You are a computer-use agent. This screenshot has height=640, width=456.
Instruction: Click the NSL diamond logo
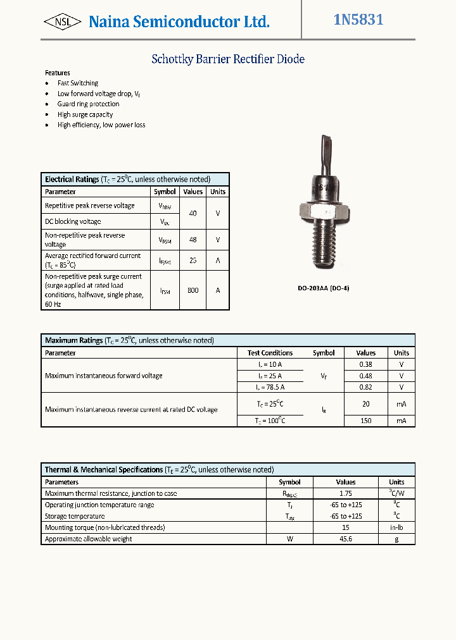click(62, 22)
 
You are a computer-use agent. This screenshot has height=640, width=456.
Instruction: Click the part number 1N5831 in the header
click(358, 20)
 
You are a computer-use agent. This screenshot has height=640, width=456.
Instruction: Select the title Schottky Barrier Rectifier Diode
click(228, 59)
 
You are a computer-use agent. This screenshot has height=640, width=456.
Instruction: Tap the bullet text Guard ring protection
click(88, 104)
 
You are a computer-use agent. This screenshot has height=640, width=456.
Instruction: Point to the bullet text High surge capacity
click(85, 114)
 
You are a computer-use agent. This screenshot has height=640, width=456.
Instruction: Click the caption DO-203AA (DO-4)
click(324, 288)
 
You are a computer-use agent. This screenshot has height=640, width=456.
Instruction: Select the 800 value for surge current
click(193, 291)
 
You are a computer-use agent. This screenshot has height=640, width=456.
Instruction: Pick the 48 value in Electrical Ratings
click(193, 240)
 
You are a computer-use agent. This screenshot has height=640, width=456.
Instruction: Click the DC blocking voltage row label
click(73, 222)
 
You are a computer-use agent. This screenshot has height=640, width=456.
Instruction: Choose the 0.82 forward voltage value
click(365, 387)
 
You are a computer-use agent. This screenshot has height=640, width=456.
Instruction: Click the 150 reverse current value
click(365, 421)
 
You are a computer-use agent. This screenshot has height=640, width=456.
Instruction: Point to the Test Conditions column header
click(270, 353)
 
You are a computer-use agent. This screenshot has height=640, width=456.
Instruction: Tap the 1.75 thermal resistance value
click(345, 493)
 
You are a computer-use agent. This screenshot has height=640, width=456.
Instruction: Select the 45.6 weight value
click(345, 539)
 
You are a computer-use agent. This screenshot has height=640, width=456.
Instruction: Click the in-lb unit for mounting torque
click(396, 527)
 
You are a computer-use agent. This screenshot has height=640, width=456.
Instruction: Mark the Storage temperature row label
click(75, 516)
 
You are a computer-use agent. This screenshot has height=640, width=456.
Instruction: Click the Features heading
click(58, 73)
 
